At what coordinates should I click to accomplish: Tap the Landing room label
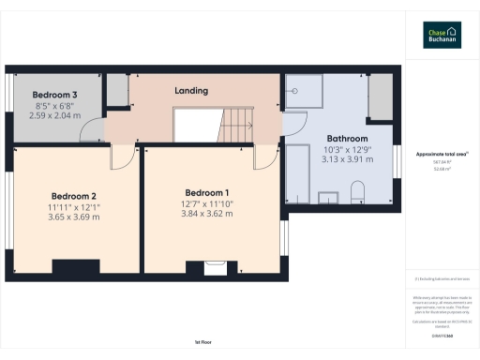click(191, 91)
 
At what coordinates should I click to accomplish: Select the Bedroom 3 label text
click(55, 96)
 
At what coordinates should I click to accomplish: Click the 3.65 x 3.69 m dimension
click(75, 217)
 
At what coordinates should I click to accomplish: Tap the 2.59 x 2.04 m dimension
click(55, 115)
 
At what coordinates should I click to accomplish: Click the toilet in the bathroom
click(357, 193)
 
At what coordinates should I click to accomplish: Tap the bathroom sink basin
click(329, 197)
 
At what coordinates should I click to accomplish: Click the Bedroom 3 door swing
click(93, 134)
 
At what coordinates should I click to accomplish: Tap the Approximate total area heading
click(441, 153)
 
